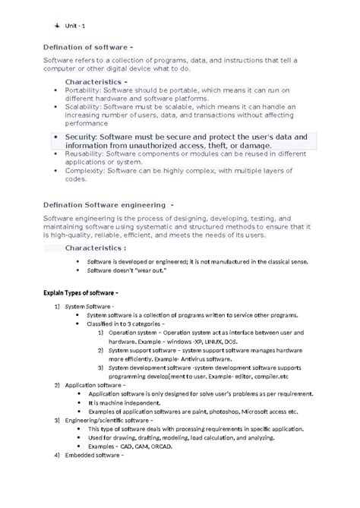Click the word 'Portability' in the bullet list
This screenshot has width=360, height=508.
click(x=82, y=90)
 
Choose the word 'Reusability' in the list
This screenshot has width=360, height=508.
click(x=84, y=153)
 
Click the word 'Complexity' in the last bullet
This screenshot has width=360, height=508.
click(x=83, y=171)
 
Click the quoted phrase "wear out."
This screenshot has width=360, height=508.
click(x=147, y=271)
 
